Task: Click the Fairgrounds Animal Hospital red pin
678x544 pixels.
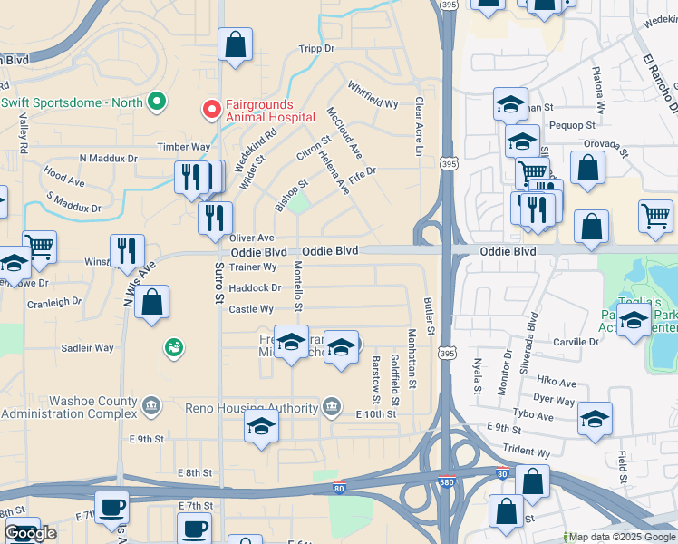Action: pyautogui.click(x=211, y=110)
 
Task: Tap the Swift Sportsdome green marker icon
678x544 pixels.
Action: pyautogui.click(x=156, y=102)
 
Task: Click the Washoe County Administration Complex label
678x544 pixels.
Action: pyautogui.click(x=69, y=406)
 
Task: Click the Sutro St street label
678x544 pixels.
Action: pyautogui.click(x=218, y=283)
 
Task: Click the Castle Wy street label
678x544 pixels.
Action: pyautogui.click(x=245, y=309)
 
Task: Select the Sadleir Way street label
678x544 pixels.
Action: pyautogui.click(x=87, y=347)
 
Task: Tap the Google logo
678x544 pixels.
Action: pyautogui.click(x=31, y=533)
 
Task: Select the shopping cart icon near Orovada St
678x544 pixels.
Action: pyautogui.click(x=532, y=170)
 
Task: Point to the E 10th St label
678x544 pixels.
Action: pyautogui.click(x=377, y=413)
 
